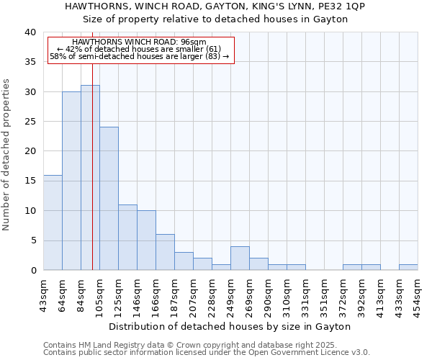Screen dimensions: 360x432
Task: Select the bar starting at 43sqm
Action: point(53,222)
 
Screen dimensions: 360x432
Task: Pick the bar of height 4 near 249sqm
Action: point(240,258)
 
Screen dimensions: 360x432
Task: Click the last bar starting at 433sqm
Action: point(408,267)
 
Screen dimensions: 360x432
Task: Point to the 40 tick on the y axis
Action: point(30,32)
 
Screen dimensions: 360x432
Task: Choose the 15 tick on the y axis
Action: point(30,181)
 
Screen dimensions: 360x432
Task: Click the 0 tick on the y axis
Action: point(32,270)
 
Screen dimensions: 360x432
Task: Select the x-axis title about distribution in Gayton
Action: point(230,326)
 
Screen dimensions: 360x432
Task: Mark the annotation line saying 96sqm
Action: point(140,42)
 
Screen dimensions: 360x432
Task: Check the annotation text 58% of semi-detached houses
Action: point(140,56)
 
